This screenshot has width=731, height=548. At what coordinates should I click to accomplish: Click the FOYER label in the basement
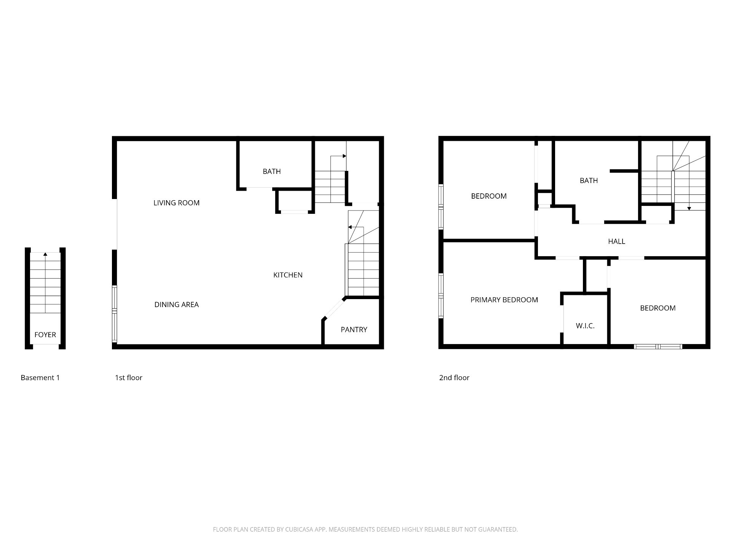(x=45, y=335)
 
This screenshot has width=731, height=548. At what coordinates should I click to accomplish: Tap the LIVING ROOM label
(x=176, y=203)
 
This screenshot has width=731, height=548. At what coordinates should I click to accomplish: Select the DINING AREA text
(x=176, y=304)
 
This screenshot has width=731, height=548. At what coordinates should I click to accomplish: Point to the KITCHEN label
(x=288, y=275)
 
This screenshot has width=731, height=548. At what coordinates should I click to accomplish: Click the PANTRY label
(x=354, y=330)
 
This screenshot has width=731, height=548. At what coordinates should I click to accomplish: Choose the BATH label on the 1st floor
(x=272, y=172)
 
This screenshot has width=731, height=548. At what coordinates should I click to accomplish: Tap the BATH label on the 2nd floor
(x=589, y=181)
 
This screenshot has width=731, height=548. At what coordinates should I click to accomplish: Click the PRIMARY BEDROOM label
(x=504, y=300)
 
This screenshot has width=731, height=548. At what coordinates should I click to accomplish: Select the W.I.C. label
(x=585, y=326)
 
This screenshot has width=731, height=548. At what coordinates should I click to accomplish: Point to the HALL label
(x=616, y=241)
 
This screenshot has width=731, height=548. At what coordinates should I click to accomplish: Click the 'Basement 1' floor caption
(x=40, y=378)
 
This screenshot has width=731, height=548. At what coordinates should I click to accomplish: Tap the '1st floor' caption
(x=129, y=378)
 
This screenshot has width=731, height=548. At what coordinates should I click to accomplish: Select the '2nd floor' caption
(x=454, y=378)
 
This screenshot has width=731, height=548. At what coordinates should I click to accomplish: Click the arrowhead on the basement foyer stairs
(x=45, y=254)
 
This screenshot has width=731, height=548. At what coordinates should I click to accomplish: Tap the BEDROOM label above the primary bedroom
(x=489, y=196)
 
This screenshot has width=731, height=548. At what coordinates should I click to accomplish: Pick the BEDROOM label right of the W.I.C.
(x=658, y=308)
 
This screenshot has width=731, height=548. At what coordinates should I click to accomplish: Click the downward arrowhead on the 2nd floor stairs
(x=689, y=209)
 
